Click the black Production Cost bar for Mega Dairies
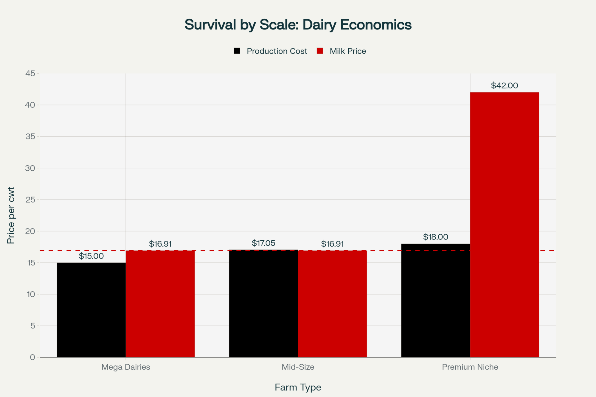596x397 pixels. (91, 310)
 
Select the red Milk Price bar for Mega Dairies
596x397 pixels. (160, 304)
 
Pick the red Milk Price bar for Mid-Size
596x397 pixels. (332, 304)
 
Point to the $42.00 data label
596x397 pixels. (505, 85)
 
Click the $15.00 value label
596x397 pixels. (91, 256)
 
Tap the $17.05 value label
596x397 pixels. (263, 243)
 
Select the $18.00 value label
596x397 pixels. (436, 237)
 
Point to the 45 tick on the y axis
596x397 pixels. (30, 73)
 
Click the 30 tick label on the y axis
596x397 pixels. (30, 168)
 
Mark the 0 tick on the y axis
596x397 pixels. (32, 357)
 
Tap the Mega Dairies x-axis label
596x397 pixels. (126, 367)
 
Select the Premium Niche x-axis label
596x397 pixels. (470, 367)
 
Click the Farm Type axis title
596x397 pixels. (298, 387)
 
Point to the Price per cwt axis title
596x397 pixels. (11, 215)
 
